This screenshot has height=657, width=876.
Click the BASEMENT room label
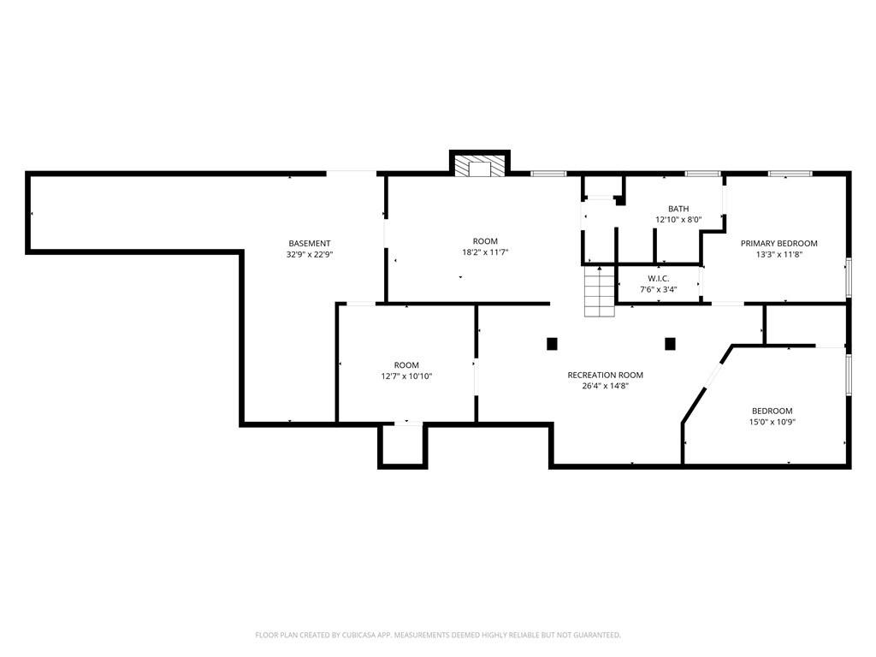click(309, 244)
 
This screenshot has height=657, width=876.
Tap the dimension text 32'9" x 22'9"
click(309, 255)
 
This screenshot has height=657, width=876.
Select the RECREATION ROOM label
click(605, 375)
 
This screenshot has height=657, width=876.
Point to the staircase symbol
click(600, 292)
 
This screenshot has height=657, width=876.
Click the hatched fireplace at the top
click(479, 167)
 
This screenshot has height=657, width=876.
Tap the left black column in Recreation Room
click(552, 344)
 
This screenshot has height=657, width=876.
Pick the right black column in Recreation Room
click(670, 344)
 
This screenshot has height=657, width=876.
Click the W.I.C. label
click(658, 278)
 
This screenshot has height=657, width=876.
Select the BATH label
click(678, 209)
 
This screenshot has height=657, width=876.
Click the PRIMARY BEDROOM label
click(778, 243)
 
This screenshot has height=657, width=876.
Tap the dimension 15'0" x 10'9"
click(772, 422)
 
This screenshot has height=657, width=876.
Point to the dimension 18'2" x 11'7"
click(485, 252)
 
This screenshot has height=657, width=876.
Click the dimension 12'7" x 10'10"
click(406, 376)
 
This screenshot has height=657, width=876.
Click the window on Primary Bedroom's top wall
click(789, 174)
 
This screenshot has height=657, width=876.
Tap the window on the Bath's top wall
click(702, 174)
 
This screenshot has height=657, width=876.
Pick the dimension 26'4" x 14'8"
click(605, 386)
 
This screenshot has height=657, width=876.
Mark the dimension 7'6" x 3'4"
click(658, 289)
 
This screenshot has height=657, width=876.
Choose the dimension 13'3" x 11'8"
click(778, 254)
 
